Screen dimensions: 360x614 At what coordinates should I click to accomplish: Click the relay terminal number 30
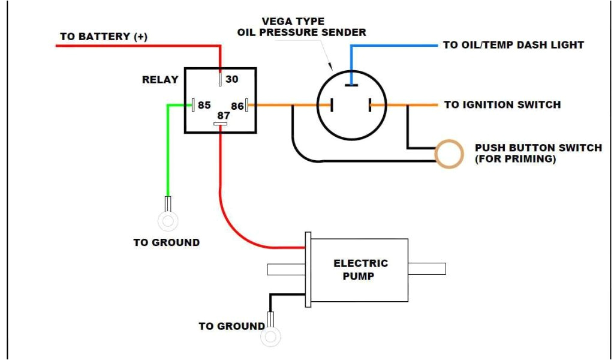(231, 79)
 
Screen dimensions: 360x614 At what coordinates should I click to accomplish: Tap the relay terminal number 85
(204, 105)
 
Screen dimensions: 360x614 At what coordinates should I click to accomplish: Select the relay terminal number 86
(237, 106)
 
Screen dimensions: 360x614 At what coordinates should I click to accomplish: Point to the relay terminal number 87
(223, 115)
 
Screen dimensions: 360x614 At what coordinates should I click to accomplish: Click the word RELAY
(159, 79)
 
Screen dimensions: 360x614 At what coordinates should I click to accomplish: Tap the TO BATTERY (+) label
(103, 37)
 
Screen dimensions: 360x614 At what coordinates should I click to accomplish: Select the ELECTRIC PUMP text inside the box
(360, 269)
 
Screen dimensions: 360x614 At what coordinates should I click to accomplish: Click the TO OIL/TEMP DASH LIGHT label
(513, 45)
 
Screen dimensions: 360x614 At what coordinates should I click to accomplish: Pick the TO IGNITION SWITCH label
(502, 104)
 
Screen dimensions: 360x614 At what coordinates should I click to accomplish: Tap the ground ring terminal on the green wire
(167, 221)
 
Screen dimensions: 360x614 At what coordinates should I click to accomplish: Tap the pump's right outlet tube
(427, 269)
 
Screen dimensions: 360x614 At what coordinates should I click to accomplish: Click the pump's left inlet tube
(286, 269)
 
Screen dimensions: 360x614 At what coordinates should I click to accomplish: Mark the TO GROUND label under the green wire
(166, 242)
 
